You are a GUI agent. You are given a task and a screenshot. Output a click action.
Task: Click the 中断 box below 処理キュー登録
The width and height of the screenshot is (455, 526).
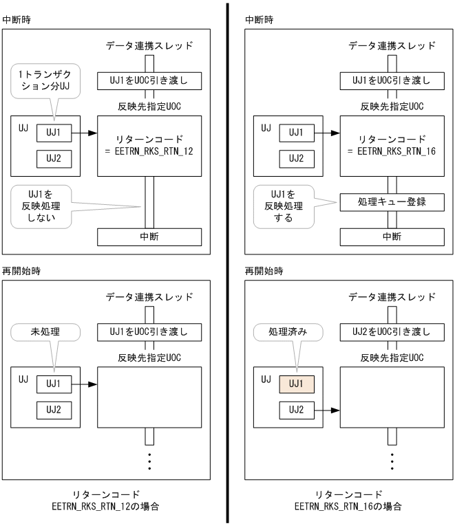pos(392,236)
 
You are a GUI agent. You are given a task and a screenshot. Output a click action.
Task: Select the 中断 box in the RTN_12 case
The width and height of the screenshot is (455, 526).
pos(149,236)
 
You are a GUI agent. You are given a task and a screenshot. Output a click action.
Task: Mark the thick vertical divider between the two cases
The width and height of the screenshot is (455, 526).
pos(227,261)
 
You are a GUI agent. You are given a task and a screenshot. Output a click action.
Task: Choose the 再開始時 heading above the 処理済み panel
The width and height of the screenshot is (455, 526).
pos(263,272)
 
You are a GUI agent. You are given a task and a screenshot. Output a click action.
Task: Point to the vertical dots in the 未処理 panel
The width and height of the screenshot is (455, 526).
pos(149,460)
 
